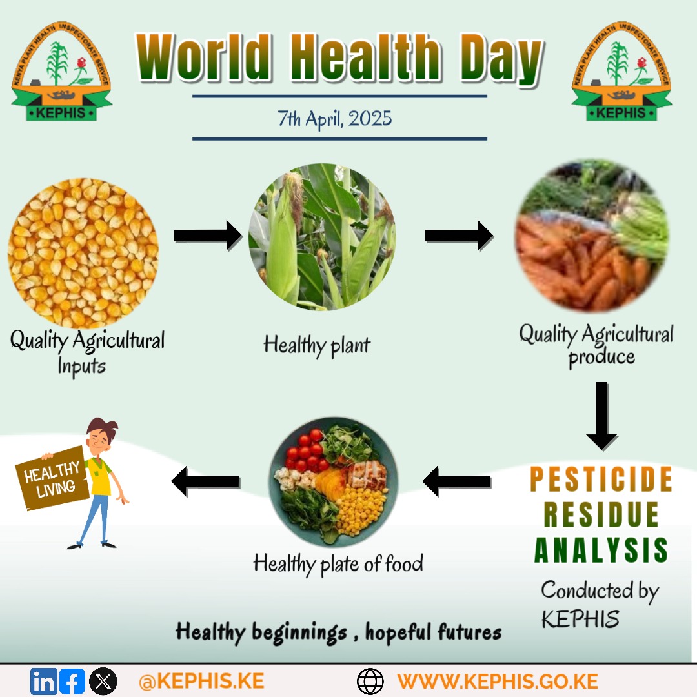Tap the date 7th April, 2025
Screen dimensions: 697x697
pyautogui.click(x=335, y=119)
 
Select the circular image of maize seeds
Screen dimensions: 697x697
pyautogui.click(x=83, y=253)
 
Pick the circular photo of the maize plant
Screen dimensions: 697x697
pyautogui.click(x=322, y=237)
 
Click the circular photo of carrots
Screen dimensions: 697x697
pyautogui.click(x=591, y=236)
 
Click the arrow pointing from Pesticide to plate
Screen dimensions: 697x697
pyautogui.click(x=456, y=481)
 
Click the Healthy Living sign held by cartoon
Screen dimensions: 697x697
pyautogui.click(x=52, y=478)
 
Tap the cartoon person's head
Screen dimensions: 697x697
pyautogui.click(x=101, y=436)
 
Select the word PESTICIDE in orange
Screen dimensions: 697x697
pyautogui.click(x=601, y=480)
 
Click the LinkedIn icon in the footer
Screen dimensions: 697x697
pyautogui.click(x=43, y=682)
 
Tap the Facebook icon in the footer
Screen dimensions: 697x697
pyautogui.click(x=72, y=682)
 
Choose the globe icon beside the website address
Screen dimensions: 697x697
pyautogui.click(x=370, y=682)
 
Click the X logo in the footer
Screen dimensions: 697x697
pyautogui.click(x=103, y=682)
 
